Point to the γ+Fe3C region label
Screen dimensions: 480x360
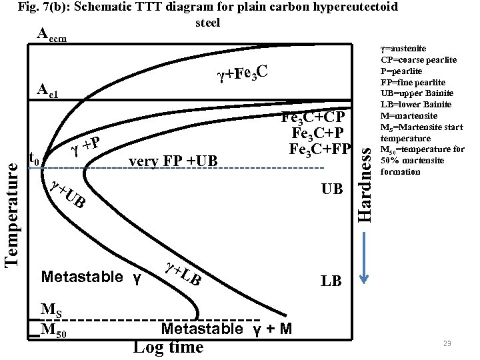243,74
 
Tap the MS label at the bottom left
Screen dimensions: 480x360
51,309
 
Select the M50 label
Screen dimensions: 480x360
53,329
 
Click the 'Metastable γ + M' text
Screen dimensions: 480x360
227,329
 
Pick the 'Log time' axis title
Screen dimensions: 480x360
168,347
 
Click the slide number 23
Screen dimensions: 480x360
447,343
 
